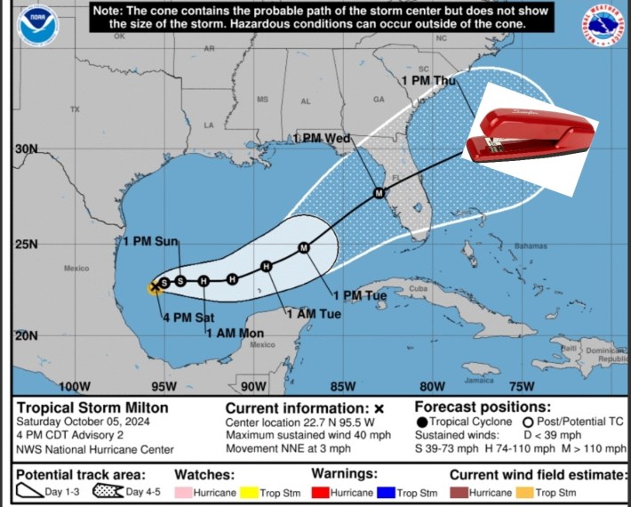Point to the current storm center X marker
tap(156, 286)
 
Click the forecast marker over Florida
tap(379, 192)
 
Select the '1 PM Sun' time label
tap(150, 241)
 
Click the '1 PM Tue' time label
tap(359, 295)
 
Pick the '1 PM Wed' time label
tap(322, 139)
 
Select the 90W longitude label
tap(252, 386)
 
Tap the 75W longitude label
tap(521, 386)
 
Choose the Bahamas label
tap(531, 245)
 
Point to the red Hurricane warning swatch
tap(324, 491)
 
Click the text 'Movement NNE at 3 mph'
tap(285, 448)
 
